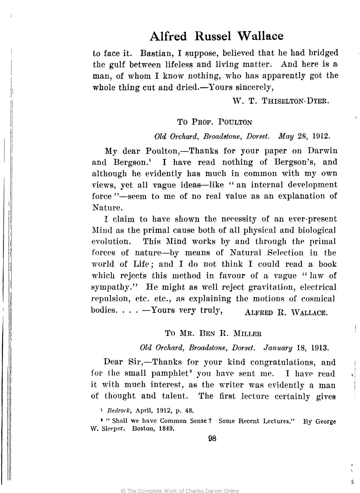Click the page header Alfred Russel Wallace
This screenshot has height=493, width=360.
point(216,36)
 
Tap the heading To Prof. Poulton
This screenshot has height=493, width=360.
point(215,122)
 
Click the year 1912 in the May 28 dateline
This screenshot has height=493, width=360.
point(321,136)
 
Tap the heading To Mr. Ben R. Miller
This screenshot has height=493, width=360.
point(214,333)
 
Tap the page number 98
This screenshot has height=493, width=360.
point(212,439)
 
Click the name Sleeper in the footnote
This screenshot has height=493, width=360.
point(113,428)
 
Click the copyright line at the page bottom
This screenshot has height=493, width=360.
point(180,490)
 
